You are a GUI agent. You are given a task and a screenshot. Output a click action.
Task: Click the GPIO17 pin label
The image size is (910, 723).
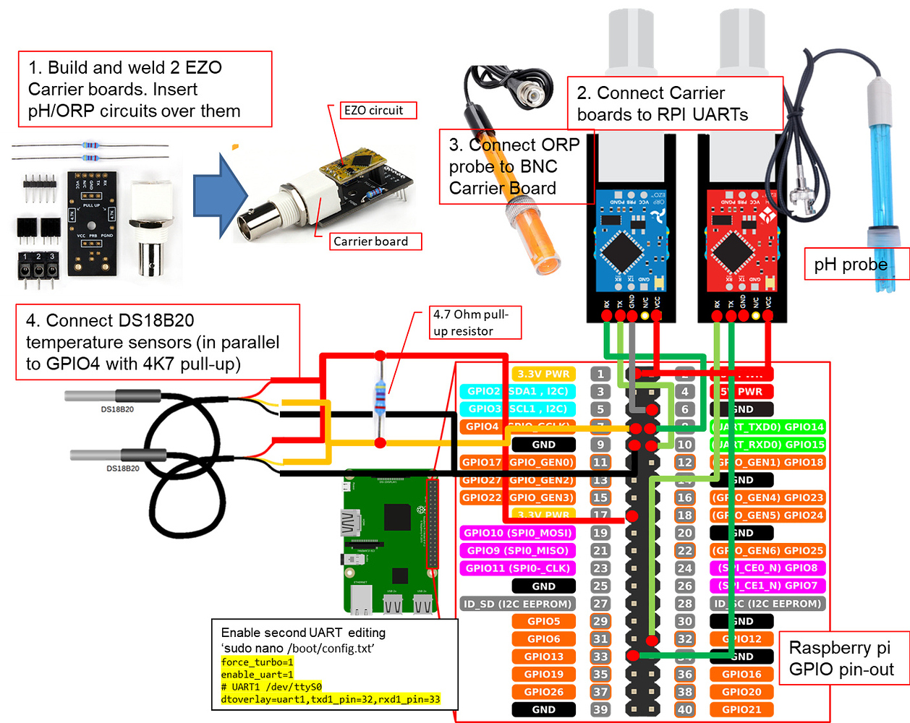coord(482,462)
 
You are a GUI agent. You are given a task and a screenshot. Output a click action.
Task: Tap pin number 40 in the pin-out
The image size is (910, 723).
coord(685,709)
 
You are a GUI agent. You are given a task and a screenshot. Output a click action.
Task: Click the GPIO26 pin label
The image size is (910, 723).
coord(543,692)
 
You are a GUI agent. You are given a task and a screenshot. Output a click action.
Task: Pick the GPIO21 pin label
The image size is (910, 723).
coord(741,709)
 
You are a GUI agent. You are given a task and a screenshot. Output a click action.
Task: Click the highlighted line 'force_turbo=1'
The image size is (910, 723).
coord(258,662)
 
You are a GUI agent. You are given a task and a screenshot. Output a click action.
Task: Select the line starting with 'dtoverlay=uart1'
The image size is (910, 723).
coord(331,699)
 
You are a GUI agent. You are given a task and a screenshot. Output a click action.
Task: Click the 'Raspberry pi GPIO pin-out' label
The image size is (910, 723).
coord(841,659)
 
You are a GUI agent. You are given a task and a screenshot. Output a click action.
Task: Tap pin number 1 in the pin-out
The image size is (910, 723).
coord(600,374)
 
